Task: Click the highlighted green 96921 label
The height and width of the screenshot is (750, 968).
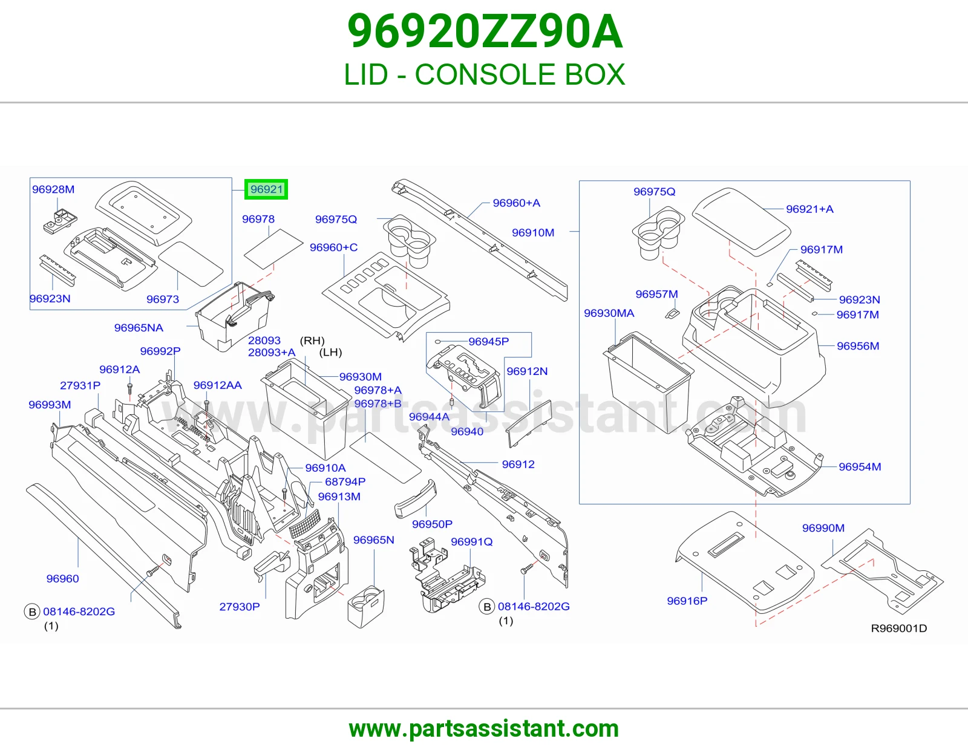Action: [x=266, y=189]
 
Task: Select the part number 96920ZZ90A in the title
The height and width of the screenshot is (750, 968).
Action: [x=485, y=31]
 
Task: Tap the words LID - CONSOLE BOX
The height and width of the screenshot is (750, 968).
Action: [x=484, y=74]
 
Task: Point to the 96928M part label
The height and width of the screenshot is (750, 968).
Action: [x=53, y=189]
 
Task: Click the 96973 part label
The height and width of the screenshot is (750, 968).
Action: [x=163, y=299]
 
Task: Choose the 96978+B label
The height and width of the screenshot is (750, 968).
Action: [x=378, y=403]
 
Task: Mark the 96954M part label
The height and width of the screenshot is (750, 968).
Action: [x=860, y=467]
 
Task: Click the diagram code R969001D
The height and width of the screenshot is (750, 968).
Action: [x=899, y=628]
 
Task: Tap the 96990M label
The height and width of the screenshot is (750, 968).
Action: [x=823, y=528]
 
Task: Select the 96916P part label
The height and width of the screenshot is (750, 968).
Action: [x=687, y=601]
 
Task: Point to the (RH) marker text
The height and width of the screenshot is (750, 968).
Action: [x=312, y=341]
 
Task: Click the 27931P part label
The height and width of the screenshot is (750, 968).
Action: [x=80, y=385]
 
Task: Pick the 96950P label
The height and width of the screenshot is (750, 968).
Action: [x=432, y=524]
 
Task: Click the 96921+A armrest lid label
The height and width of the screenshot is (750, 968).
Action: [x=809, y=209]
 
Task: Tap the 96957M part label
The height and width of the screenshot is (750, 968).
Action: [x=656, y=294]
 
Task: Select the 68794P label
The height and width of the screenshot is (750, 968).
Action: [x=345, y=482]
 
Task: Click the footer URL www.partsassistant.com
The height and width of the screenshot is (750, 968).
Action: [x=484, y=729]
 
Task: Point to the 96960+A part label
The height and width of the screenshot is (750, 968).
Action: [x=516, y=203]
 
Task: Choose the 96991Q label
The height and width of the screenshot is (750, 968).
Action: [x=472, y=541]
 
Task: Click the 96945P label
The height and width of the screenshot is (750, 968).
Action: [x=489, y=342]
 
